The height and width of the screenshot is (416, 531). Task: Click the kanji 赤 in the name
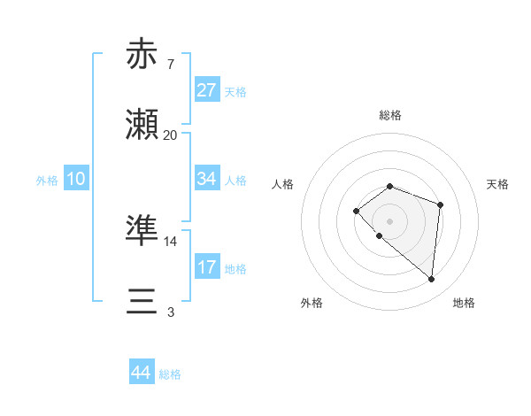[142, 55]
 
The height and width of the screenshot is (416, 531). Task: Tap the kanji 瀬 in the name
[142, 125]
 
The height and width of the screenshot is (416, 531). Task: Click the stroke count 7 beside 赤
[170, 65]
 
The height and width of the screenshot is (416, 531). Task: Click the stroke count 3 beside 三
[170, 312]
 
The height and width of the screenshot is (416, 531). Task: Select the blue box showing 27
[206, 90]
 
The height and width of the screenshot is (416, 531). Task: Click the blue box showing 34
[206, 179]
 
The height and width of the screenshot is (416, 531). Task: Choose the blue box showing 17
[206, 267]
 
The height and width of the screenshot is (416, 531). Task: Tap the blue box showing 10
[76, 179]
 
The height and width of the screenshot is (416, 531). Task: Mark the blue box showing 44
[141, 374]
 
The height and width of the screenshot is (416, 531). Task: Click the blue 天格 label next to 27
[235, 91]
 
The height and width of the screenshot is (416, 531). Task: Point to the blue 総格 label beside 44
[170, 374]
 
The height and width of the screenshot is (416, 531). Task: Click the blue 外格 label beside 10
[47, 180]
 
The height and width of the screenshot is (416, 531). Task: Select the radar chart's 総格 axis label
[390, 115]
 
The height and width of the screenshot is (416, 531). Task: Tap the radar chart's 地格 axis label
[464, 303]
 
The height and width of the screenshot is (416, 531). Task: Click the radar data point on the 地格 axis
[431, 280]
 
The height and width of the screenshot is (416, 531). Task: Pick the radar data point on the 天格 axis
[441, 204]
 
